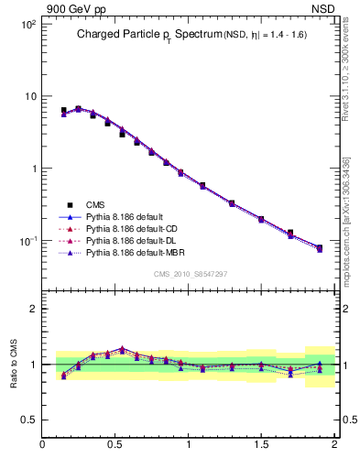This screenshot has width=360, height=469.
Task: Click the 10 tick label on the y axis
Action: [29, 96]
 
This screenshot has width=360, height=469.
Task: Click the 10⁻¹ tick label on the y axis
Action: [27, 241]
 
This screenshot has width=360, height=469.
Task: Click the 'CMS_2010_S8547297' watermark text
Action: [190, 274]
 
